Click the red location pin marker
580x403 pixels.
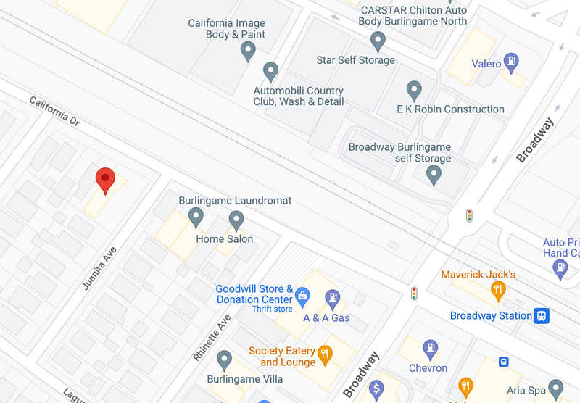coord(106,179)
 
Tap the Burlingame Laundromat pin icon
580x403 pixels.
coord(196,215)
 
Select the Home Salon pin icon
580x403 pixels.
coord(236,220)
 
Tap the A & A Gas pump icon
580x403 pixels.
coord(333,296)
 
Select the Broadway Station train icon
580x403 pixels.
coord(542,316)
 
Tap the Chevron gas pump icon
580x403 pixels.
coord(431,349)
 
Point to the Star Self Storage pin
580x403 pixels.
coord(376,40)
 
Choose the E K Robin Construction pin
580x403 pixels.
coord(415,91)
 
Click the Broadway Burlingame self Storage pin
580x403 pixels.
coord(434,174)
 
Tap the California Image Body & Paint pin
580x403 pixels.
coord(249,51)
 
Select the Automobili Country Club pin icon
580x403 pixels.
coord(271,72)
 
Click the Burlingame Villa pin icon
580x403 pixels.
coord(225,359)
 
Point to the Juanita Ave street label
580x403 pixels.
coord(99,268)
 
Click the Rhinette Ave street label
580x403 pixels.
coord(212,338)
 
